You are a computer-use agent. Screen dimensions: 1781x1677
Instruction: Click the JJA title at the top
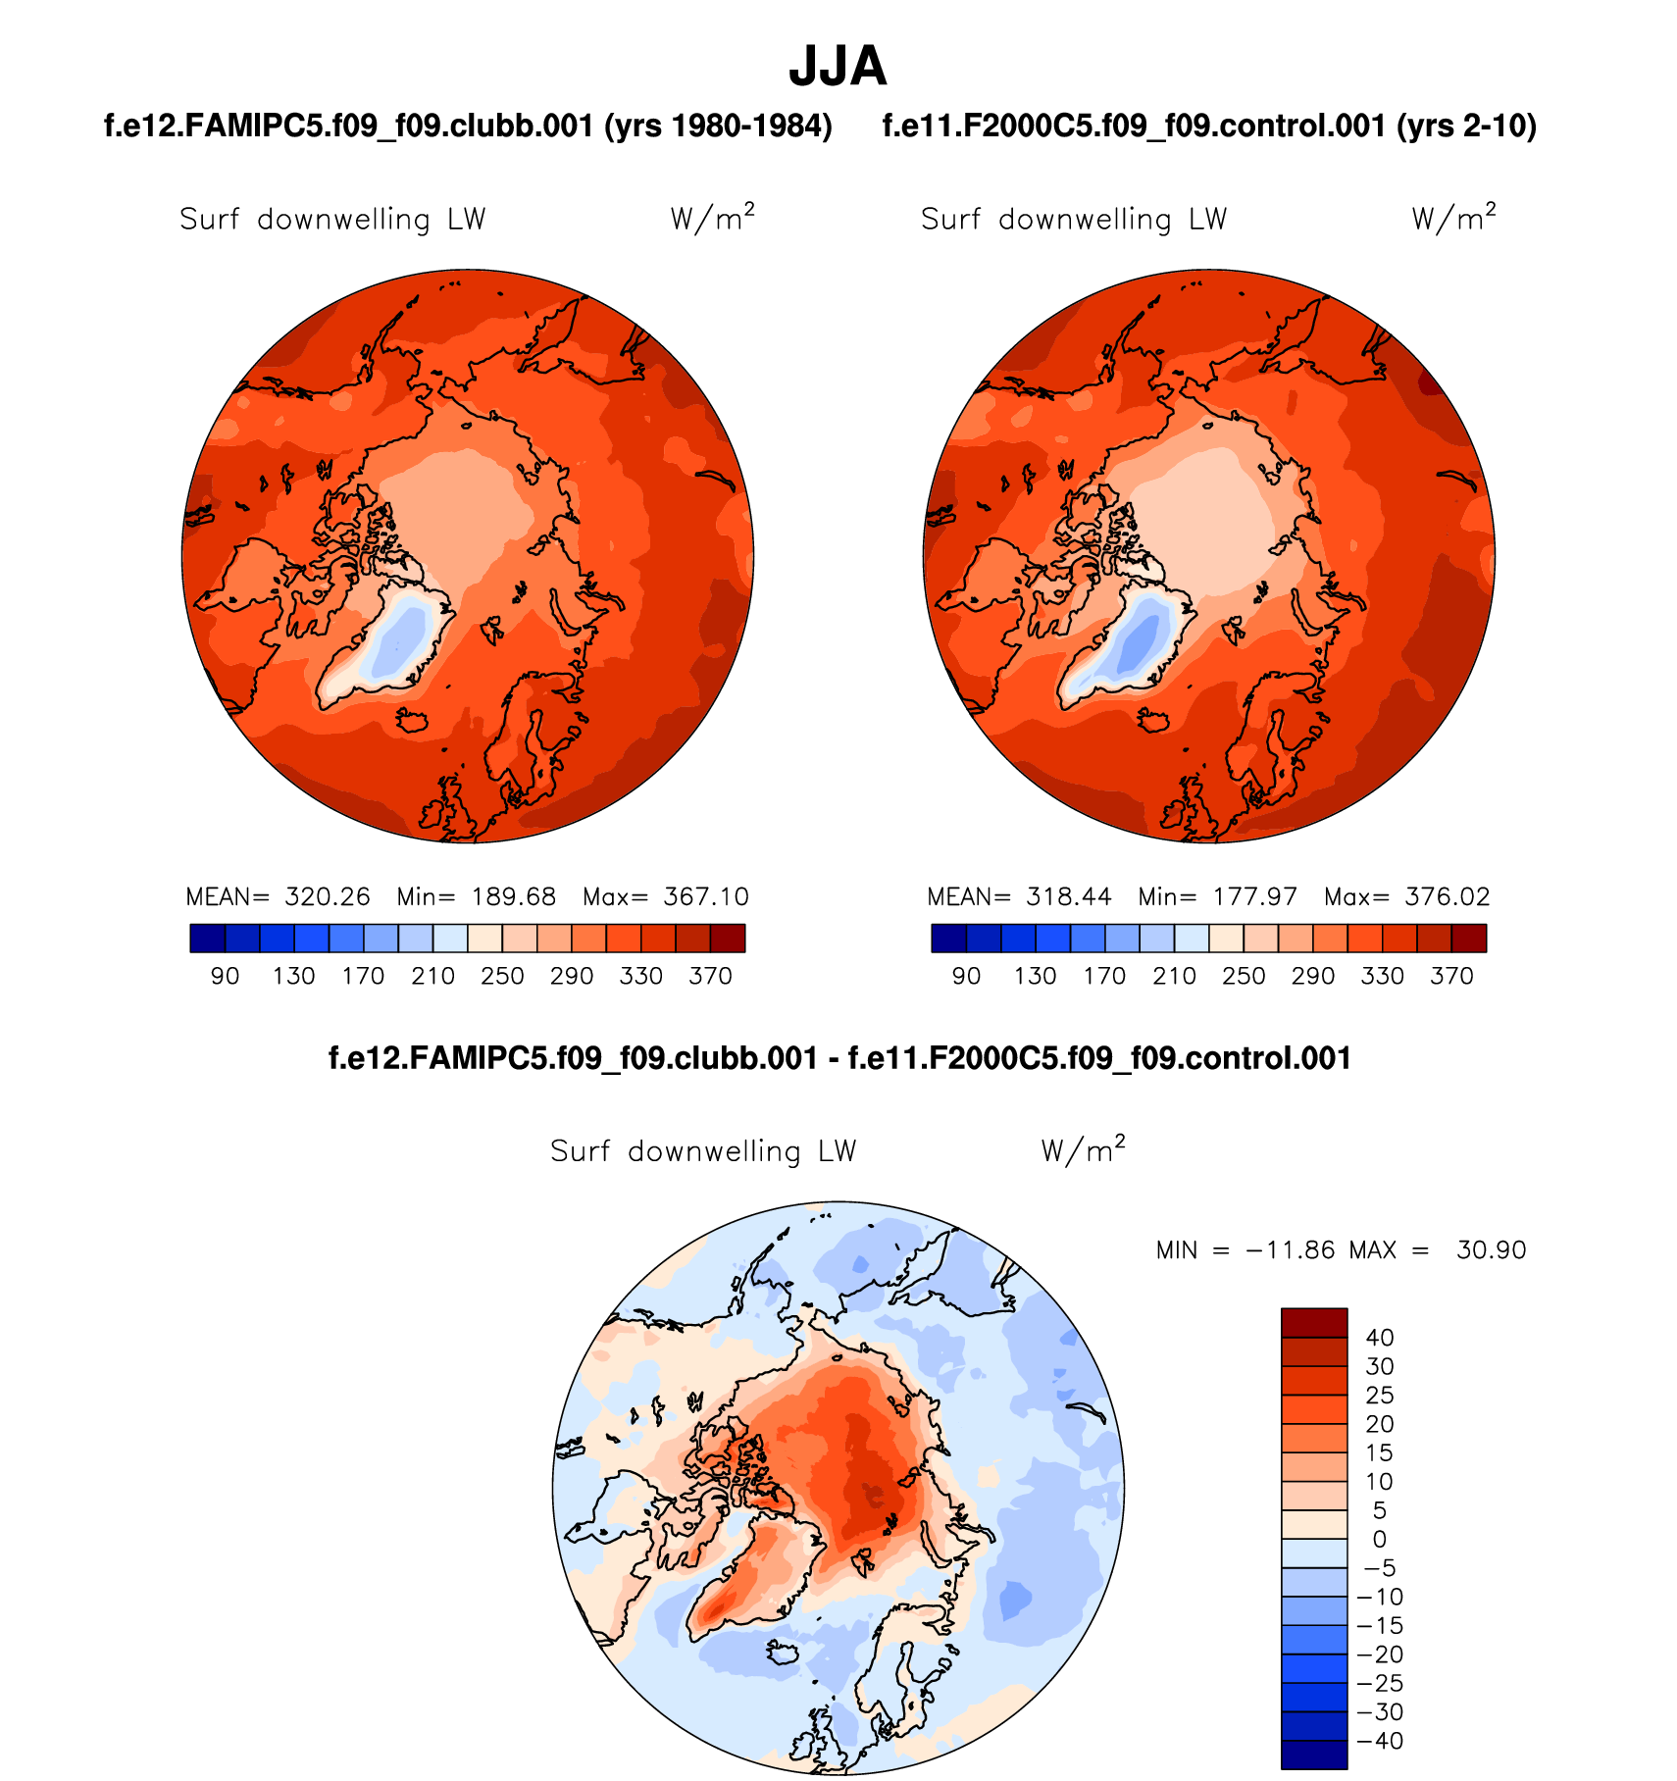(838, 67)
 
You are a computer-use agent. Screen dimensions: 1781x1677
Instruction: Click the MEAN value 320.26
(328, 896)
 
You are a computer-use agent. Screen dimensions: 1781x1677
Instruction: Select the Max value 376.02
(1447, 896)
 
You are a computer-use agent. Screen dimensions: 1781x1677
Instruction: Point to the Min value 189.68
(513, 896)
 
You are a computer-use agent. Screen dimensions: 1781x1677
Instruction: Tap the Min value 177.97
(1254, 896)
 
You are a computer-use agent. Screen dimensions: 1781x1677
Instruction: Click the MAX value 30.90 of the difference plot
(1491, 1250)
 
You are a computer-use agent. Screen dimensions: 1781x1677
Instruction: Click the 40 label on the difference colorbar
(1380, 1338)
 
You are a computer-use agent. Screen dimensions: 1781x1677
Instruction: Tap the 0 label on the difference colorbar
(1380, 1539)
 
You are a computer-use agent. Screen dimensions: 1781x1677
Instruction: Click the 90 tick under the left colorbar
(225, 976)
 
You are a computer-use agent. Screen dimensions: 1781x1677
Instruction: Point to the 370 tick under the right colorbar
(1451, 976)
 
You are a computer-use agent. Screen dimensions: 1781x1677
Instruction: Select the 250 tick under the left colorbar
(502, 976)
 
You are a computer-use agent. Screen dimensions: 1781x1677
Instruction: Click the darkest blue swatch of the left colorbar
(208, 939)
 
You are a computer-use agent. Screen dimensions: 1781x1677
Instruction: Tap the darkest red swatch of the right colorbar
(1469, 939)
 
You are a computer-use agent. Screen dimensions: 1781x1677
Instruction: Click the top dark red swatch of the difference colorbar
(1314, 1322)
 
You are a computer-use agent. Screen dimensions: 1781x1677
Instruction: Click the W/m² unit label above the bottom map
(1083, 1149)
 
